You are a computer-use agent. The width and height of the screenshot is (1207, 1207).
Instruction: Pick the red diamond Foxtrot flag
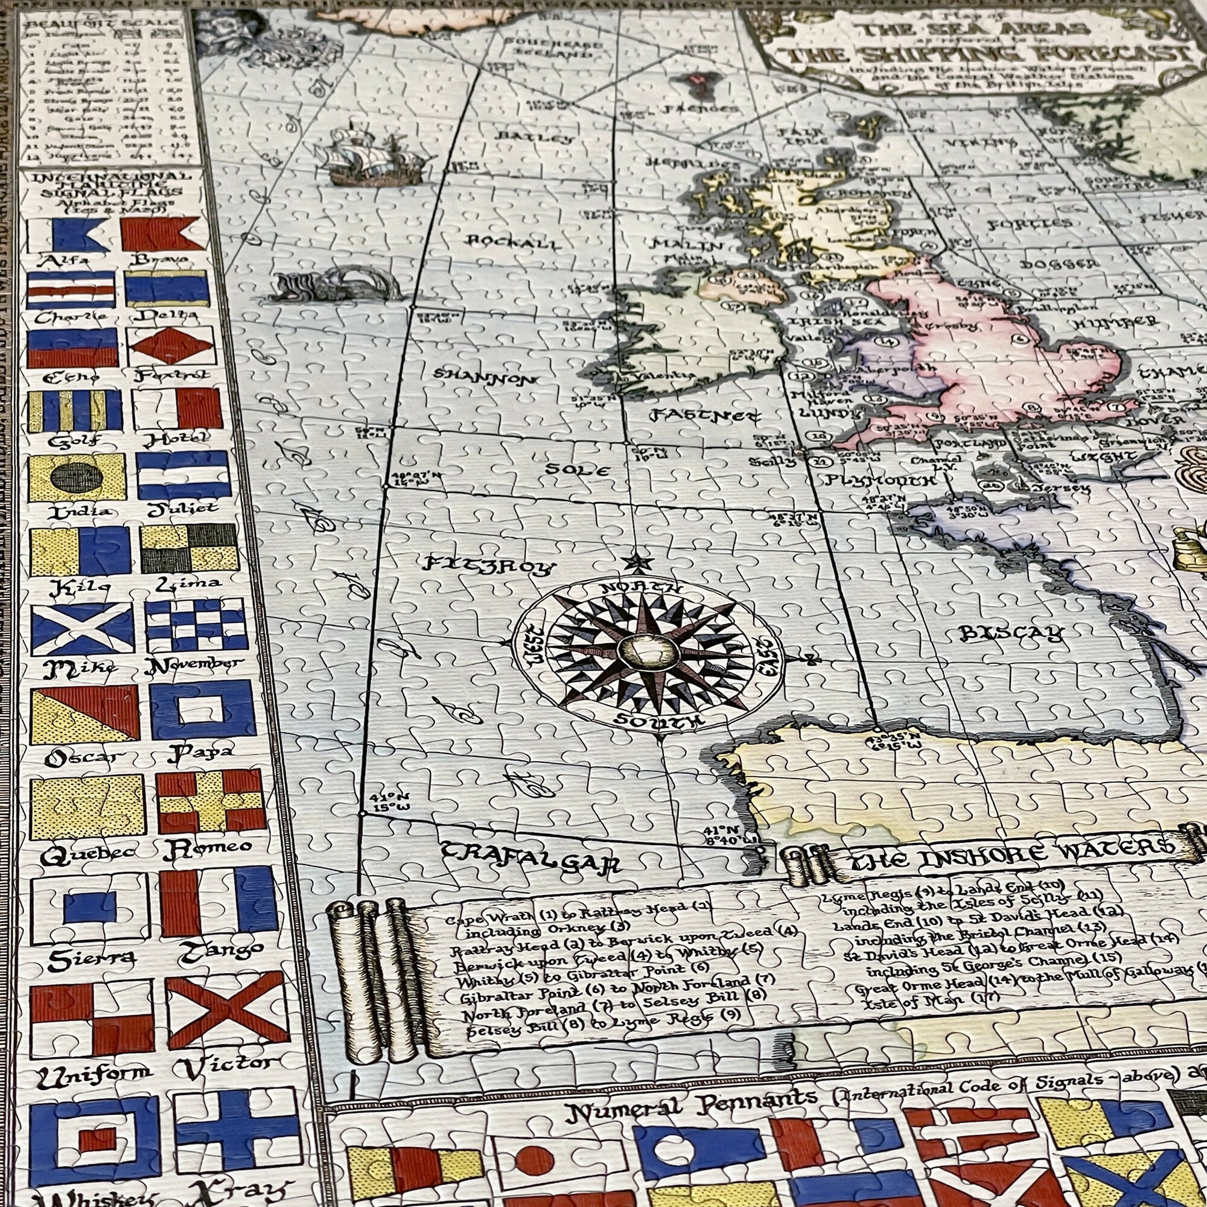pos(171,347)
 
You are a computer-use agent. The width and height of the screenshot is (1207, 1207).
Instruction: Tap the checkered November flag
pos(196,626)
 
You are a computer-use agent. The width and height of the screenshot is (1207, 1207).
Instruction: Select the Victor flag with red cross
pos(226,1011)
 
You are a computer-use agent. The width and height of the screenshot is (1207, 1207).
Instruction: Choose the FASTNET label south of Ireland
pos(705,415)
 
